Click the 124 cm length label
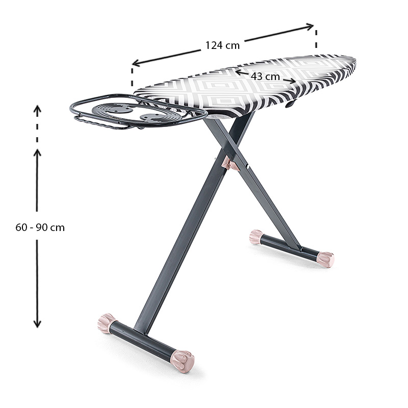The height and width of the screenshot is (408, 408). tap(222, 45)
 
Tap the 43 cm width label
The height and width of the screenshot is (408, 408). tap(265, 76)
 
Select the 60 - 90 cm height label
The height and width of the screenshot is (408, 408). tap(40, 227)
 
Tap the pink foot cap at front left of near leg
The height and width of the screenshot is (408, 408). tap(107, 323)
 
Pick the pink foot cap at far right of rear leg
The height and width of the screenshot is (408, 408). tap(325, 260)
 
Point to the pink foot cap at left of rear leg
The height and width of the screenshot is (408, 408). tap(256, 237)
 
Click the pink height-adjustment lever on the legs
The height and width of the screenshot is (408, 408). tap(231, 164)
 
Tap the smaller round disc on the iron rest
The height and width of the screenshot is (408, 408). tap(153, 118)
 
